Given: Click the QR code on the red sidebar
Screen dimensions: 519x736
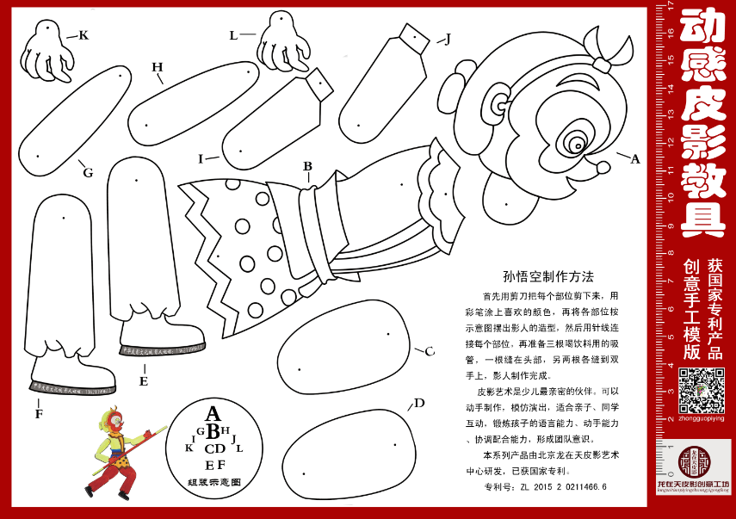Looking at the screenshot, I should tap(701, 390).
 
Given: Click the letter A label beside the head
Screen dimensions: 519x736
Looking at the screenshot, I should tap(635, 158).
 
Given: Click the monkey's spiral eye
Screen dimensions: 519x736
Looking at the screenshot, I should tap(577, 142).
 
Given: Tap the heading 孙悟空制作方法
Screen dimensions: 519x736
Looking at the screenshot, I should tap(548, 277).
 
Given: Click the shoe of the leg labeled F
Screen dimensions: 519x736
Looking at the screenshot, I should tap(72, 379).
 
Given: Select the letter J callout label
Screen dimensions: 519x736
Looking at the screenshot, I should tap(447, 39).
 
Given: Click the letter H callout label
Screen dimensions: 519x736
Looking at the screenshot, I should tap(157, 67).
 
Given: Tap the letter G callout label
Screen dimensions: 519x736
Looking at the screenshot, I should tap(88, 172).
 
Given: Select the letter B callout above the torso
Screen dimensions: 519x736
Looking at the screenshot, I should tap(307, 166).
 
